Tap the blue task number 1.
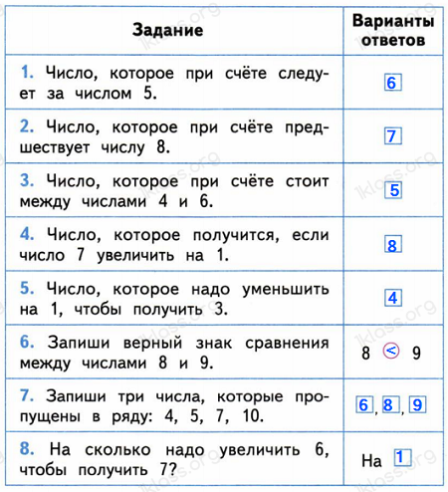pyautogui.click(x=27, y=74)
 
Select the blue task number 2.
pyautogui.click(x=27, y=127)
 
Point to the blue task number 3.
pyautogui.click(x=27, y=181)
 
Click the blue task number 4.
pyautogui.click(x=27, y=235)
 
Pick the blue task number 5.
pyautogui.click(x=27, y=289)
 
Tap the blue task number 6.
pyautogui.click(x=27, y=343)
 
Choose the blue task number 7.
pyautogui.click(x=27, y=396)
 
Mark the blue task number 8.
pyautogui.click(x=27, y=450)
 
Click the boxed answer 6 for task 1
pyautogui.click(x=392, y=84)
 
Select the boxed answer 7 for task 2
pyautogui.click(x=392, y=137)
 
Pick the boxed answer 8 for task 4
pyautogui.click(x=392, y=244)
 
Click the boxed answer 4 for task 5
pyautogui.click(x=392, y=298)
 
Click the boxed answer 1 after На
pyautogui.click(x=401, y=458)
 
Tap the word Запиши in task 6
pyautogui.click(x=77, y=343)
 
